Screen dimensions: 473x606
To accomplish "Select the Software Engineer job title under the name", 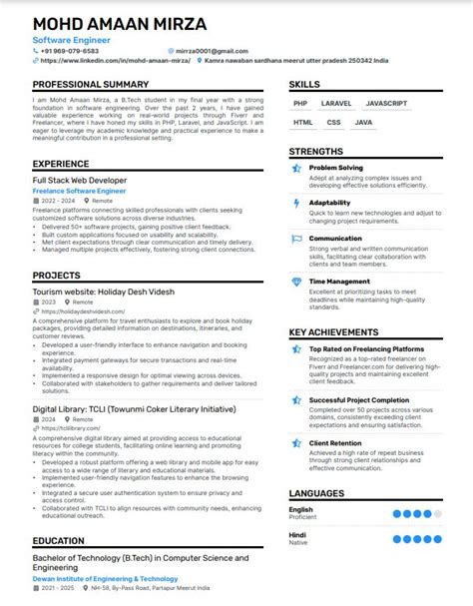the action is pyautogui.click(x=71, y=39).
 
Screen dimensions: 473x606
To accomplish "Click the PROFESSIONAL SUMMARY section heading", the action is pyautogui.click(x=91, y=85).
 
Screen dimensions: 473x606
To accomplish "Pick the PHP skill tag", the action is pyautogui.click(x=300, y=103).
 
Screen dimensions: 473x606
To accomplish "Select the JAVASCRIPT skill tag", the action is pyautogui.click(x=385, y=103).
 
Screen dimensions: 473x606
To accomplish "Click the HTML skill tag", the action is pyautogui.click(x=303, y=122).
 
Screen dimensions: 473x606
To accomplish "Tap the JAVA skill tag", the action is pyautogui.click(x=363, y=122).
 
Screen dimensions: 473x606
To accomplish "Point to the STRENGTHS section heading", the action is pyautogui.click(x=316, y=151).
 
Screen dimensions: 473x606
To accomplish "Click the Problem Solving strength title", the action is pyautogui.click(x=336, y=168).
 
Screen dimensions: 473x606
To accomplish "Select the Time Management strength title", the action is pyautogui.click(x=339, y=282).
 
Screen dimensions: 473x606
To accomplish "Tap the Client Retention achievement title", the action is pyautogui.click(x=335, y=441).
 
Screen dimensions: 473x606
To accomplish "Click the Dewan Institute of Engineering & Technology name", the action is pyautogui.click(x=105, y=578).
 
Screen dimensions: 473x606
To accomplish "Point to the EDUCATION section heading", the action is pyautogui.click(x=58, y=540).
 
